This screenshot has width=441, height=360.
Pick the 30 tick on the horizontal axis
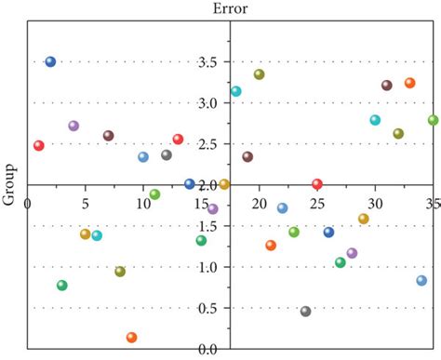tap(375, 202)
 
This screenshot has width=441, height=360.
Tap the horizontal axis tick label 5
tap(86, 202)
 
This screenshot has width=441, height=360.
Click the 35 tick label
tap(432, 202)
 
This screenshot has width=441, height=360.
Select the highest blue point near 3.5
tap(50, 61)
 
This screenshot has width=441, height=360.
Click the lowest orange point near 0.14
tap(131, 338)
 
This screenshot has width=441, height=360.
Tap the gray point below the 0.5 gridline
tap(305, 312)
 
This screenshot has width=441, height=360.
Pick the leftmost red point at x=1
tap(38, 145)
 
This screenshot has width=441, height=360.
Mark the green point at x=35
tap(433, 120)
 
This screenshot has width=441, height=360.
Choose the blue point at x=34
tap(421, 280)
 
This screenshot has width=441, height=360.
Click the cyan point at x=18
tap(235, 91)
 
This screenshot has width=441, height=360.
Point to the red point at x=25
tap(317, 184)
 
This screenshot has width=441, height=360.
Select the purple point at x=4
tap(73, 126)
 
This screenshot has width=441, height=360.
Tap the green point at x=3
tap(62, 286)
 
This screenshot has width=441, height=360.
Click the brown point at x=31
tap(386, 86)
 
